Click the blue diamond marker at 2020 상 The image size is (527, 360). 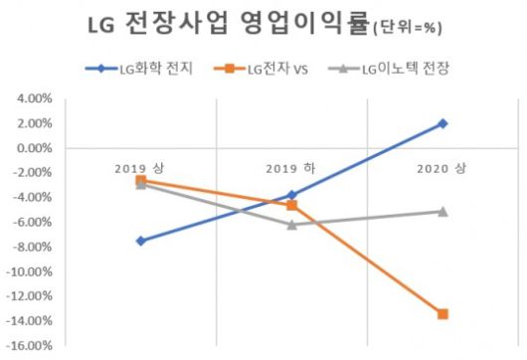coord(442,123)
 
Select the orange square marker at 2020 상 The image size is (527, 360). coord(442,314)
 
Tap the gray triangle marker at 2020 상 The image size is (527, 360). coord(442,211)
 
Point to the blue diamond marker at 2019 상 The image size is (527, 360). coord(141,241)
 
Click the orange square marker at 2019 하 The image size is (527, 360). coord(291,205)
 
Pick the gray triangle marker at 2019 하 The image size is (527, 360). coord(291,225)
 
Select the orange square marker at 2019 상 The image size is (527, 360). coord(141,180)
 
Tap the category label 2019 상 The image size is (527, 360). coord(141,164)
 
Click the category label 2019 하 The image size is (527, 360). coord(291,164)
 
